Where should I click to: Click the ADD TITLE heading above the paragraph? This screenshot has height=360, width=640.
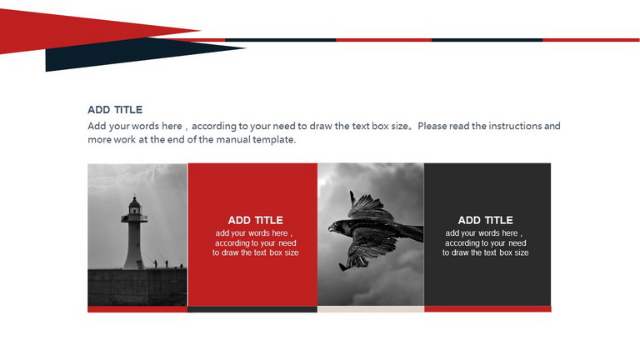pos(115,110)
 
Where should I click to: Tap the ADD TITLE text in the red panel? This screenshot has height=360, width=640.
pos(256,220)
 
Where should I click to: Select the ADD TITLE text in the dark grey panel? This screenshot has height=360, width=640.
pos(485,220)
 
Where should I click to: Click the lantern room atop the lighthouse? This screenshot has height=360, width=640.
pos(134,206)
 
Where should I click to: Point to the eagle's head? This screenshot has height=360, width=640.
pos(337,227)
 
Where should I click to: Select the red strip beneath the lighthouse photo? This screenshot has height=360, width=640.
pos(137,309)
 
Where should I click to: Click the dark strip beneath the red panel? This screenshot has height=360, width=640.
pos(252,309)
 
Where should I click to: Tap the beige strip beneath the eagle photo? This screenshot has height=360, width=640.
pos(371,309)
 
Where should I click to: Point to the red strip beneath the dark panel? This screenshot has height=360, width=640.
pos(487,309)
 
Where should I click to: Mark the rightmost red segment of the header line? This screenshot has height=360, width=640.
pos(591,40)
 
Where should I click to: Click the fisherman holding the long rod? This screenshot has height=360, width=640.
pos(155,263)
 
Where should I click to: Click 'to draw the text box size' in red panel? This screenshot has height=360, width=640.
pos(256,252)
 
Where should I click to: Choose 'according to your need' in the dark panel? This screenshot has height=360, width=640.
pos(485,242)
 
